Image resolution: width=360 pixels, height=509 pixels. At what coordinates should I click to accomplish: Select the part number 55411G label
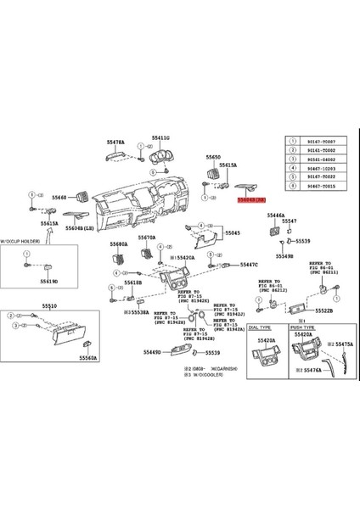161,137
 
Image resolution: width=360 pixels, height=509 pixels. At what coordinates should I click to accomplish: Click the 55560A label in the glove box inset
88,358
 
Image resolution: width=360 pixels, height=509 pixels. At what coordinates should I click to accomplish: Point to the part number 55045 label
233,232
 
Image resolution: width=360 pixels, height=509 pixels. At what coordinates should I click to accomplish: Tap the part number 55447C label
248,264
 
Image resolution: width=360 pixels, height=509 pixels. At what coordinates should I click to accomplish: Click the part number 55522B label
323,310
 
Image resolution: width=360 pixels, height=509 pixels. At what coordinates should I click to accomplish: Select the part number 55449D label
153,351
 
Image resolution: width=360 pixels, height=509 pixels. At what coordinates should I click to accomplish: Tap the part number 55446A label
276,217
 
